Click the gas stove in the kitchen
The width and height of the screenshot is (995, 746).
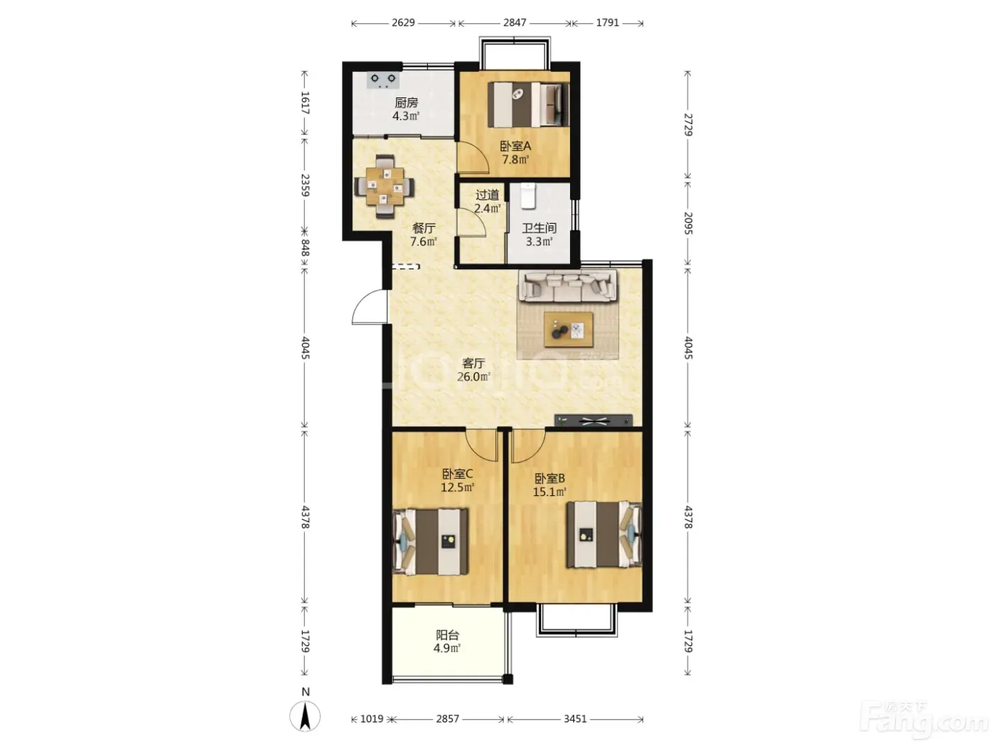coord(383,80)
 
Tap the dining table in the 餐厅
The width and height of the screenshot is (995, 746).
coord(384,186)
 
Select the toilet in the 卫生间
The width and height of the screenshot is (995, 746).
coord(527,195)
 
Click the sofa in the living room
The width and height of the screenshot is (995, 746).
coord(568,286)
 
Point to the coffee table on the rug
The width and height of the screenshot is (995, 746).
coord(569,329)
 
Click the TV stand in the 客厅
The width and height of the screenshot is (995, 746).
coord(593,421)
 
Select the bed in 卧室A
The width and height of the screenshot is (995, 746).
coord(528,104)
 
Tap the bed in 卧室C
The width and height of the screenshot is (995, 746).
coord(430,541)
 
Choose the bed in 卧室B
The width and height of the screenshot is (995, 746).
coord(604,534)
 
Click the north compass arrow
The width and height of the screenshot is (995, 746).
coord(305,716)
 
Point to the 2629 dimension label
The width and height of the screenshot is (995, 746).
coord(403,23)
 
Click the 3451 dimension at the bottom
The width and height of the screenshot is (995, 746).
coord(575,719)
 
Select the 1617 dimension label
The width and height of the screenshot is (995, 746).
coord(305,103)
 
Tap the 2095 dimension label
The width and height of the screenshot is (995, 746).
coord(688,223)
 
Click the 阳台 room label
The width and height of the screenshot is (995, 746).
coord(448,635)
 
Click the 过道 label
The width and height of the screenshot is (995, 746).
coord(488,195)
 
